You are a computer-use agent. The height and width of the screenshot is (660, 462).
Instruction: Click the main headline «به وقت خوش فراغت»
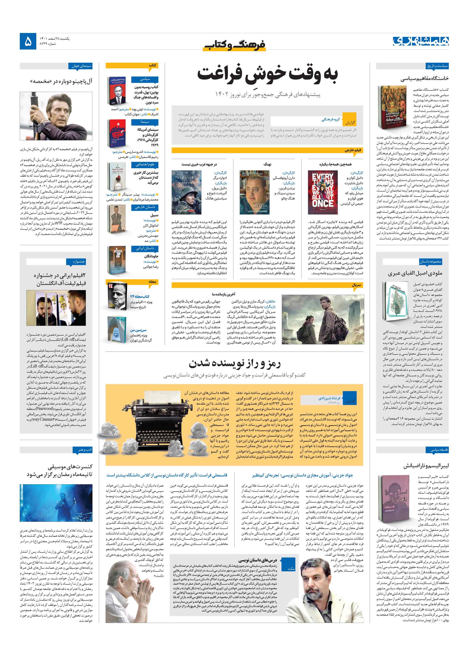click(267, 74)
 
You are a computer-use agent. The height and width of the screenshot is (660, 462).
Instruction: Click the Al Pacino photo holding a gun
click(56, 116)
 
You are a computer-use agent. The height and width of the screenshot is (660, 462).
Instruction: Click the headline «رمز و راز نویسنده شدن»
click(235, 363)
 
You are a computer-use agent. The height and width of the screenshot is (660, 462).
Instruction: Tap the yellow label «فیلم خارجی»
click(353, 150)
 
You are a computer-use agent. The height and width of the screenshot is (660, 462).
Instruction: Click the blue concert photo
click(56, 503)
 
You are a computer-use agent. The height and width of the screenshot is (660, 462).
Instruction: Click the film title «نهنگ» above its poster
click(267, 164)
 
